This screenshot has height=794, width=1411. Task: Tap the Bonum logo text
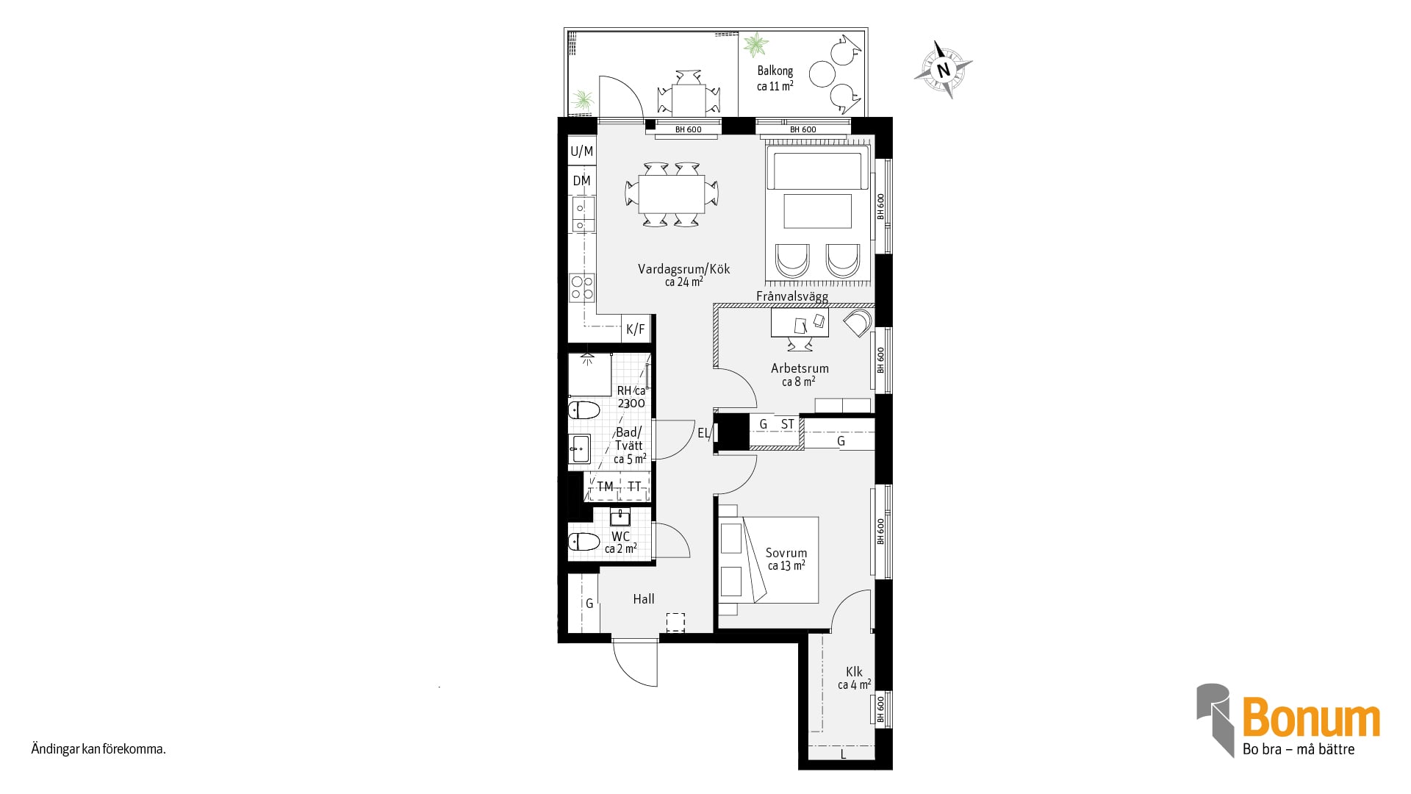click(x=1311, y=718)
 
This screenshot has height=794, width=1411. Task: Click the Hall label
click(x=644, y=599)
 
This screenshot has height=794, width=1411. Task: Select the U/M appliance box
click(x=582, y=151)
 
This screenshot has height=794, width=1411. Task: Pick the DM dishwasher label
click(x=582, y=181)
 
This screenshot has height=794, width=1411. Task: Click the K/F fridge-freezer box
click(x=636, y=329)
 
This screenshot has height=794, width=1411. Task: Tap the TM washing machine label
click(x=605, y=487)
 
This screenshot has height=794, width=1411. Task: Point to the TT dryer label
click(x=634, y=487)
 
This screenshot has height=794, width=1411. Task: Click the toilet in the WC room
click(x=584, y=543)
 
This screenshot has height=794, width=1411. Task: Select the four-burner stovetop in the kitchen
click(x=582, y=287)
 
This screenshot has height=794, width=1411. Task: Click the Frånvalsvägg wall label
click(x=792, y=297)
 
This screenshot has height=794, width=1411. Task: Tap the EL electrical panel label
click(x=703, y=433)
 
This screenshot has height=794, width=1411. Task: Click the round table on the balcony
click(x=822, y=74)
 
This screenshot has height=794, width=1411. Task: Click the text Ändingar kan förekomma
click(x=98, y=750)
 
